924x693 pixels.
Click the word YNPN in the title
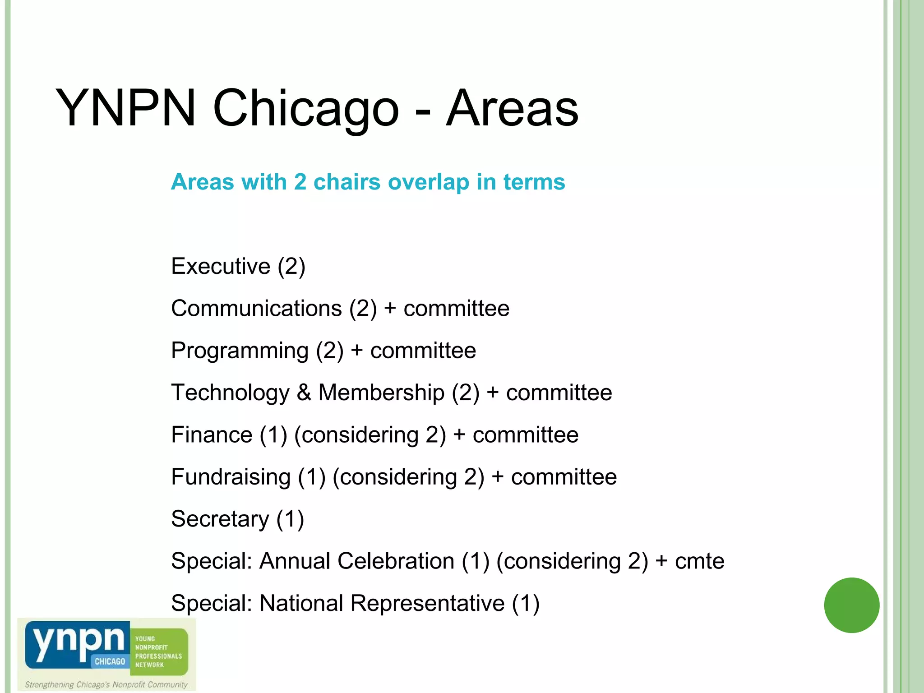tap(125, 109)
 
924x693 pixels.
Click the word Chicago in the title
tap(305, 109)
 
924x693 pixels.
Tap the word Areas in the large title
tap(512, 109)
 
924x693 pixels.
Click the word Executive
tap(220, 266)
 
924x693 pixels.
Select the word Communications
tap(256, 309)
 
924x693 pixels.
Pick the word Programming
tap(240, 351)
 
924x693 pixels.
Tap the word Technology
tap(230, 393)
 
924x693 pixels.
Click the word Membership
tap(381, 393)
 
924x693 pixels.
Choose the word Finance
tap(212, 435)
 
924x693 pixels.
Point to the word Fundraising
tap(231, 477)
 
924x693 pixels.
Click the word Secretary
tap(220, 519)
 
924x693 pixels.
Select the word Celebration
tap(396, 561)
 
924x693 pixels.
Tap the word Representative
tap(427, 603)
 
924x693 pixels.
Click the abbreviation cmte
tap(699, 561)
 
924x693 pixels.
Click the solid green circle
tap(851, 605)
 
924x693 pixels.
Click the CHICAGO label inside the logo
tap(110, 661)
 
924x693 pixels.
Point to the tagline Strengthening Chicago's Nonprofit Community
tap(106, 684)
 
